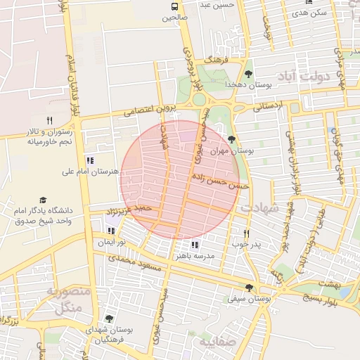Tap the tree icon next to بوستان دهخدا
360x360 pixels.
248,73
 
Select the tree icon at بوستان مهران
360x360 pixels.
232,139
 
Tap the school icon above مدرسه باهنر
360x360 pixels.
195,245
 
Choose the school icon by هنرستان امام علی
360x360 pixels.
89,160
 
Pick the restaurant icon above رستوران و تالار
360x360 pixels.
49,120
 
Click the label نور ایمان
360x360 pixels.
110,241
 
